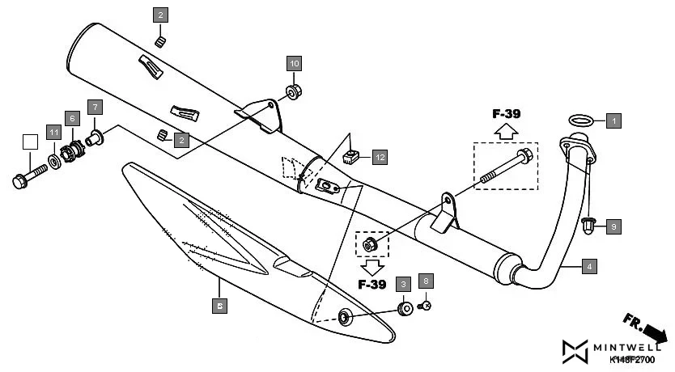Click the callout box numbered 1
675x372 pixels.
613,120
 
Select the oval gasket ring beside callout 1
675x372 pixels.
579,120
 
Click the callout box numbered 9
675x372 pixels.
613,226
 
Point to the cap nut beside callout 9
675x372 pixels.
589,224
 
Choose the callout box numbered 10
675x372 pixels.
294,63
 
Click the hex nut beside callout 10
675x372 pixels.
294,89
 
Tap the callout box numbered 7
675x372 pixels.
95,108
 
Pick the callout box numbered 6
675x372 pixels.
72,118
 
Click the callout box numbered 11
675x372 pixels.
53,132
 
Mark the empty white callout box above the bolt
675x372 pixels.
31,142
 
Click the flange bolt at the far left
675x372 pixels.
29,176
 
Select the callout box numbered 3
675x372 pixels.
402,284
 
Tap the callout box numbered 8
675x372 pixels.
427,281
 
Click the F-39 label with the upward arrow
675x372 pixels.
507,114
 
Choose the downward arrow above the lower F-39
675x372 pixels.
371,265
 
